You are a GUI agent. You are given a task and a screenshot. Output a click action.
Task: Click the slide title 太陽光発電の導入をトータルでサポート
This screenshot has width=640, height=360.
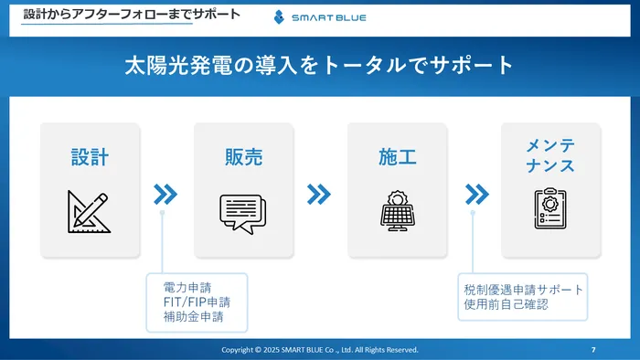point(319,66)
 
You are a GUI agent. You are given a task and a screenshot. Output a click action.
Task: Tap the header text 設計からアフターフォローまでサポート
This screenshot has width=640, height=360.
point(132,15)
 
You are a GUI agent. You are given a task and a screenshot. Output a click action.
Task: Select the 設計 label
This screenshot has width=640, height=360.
point(90,156)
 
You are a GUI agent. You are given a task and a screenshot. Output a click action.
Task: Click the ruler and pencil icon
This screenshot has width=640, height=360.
point(89,210)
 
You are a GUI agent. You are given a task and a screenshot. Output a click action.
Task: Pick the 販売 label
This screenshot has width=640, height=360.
point(243,156)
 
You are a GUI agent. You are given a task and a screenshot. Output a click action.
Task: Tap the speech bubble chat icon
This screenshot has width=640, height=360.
point(242,212)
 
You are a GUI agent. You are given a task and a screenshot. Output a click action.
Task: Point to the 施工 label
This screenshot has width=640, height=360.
point(397,156)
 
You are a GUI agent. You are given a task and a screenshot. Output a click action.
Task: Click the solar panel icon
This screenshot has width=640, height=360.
point(398,210)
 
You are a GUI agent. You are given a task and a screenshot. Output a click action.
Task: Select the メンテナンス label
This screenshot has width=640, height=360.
point(550,156)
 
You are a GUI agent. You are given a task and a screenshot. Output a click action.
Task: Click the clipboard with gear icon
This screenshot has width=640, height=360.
point(550,208)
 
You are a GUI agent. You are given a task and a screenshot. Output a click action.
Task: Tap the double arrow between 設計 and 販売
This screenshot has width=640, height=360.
point(165,194)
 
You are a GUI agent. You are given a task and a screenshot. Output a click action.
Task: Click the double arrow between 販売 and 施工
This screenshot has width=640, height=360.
point(318,194)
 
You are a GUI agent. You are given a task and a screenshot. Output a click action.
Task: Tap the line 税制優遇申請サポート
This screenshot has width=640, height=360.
point(523,289)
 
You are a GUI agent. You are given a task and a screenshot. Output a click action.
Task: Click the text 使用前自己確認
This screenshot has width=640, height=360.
point(506,303)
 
